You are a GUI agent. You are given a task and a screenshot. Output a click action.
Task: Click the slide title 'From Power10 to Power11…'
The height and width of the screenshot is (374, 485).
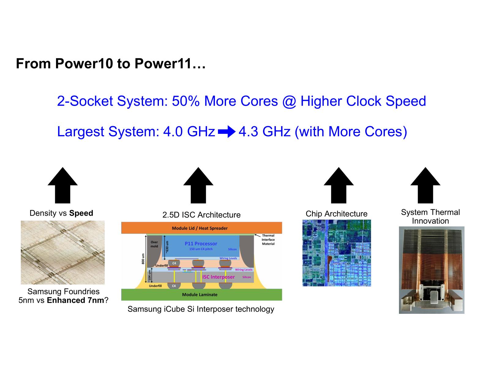click(111, 64)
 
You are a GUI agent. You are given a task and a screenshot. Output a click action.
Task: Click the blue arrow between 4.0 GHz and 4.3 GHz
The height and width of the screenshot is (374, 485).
click(227, 132)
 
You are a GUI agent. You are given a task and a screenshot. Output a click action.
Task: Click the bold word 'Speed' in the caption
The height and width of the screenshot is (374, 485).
click(81, 213)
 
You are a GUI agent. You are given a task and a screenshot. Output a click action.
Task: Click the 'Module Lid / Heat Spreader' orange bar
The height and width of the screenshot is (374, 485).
click(200, 228)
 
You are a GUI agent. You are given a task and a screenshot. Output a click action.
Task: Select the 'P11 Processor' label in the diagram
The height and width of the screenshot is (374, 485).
click(201, 244)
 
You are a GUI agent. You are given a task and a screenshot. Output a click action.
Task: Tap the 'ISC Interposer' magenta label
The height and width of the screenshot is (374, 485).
click(218, 277)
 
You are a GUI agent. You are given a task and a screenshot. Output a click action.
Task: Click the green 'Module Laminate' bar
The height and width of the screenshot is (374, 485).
click(200, 295)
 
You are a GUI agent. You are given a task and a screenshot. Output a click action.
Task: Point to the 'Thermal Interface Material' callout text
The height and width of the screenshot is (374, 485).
click(268, 240)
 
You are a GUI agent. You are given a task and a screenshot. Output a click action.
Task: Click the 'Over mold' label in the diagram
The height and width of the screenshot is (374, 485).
click(154, 244)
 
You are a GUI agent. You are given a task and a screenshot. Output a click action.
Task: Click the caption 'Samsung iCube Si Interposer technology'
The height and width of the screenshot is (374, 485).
click(201, 309)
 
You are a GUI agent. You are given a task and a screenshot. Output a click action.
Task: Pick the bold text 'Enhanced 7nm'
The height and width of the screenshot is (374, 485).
click(75, 300)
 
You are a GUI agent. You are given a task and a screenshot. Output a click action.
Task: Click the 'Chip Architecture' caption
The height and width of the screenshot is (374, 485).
click(336, 214)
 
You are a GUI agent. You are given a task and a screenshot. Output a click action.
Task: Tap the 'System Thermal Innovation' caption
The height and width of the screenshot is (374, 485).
click(430, 216)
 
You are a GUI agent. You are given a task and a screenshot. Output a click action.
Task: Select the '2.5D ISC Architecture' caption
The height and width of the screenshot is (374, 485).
click(201, 215)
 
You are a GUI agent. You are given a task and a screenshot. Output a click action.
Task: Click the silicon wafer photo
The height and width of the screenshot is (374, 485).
click(63, 252)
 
